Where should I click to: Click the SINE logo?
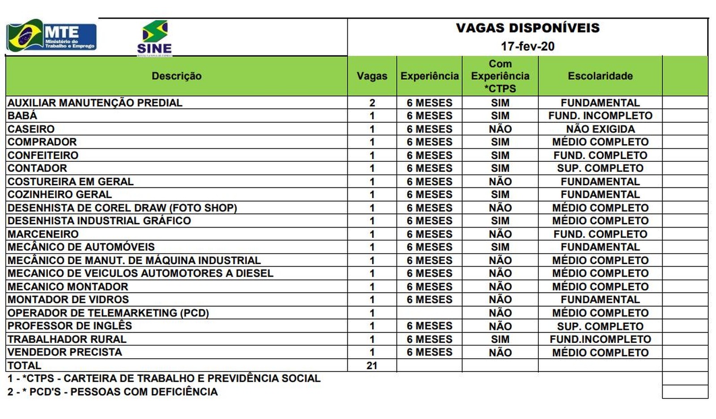click(154, 38)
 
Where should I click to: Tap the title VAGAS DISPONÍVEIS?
click(528, 28)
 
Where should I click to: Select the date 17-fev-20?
click(528, 47)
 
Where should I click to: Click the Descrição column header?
click(176, 76)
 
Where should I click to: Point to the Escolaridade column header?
click(600, 76)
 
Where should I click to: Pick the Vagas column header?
click(372, 76)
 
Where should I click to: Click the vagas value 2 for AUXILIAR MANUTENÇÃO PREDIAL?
click(372, 103)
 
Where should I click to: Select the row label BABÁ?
click(22, 116)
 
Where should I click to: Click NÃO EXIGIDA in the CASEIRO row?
click(600, 129)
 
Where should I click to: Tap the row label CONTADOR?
click(37, 168)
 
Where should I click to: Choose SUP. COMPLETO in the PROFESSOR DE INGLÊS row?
click(600, 326)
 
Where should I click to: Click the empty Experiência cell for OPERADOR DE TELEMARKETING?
click(429, 313)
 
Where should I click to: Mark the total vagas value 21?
click(372, 366)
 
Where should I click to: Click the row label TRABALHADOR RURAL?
click(67, 339)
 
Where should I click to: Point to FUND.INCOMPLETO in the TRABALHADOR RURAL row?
click(600, 339)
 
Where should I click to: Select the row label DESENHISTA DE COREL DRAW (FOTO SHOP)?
click(122, 208)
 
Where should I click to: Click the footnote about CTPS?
click(164, 379)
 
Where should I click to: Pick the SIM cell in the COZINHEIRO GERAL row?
click(500, 195)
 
